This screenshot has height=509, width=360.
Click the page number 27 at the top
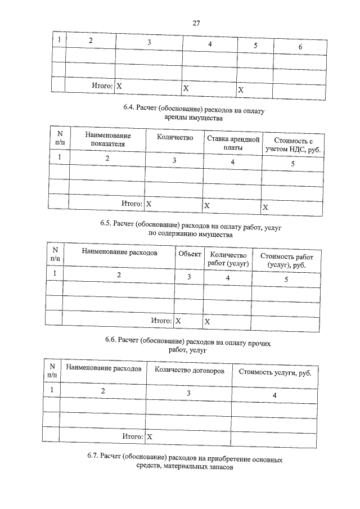pyautogui.click(x=196, y=23)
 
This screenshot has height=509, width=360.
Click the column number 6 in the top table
pyautogui.click(x=300, y=47)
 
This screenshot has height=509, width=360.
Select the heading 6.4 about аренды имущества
pyautogui.click(x=193, y=114)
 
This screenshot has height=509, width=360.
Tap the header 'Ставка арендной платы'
pyautogui.click(x=232, y=143)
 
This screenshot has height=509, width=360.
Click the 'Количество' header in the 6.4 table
pyautogui.click(x=175, y=138)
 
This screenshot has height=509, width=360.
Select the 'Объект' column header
pyautogui.click(x=190, y=254)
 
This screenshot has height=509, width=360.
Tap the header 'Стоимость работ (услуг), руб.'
pyautogui.click(x=287, y=260)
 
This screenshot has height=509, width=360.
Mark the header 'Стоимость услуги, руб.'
pyautogui.click(x=274, y=372)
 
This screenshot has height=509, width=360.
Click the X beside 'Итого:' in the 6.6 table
pyautogui.click(x=150, y=436)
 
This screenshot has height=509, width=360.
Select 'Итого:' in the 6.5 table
pyautogui.click(x=161, y=321)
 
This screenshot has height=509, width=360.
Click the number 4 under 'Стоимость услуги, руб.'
pyautogui.click(x=274, y=396)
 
